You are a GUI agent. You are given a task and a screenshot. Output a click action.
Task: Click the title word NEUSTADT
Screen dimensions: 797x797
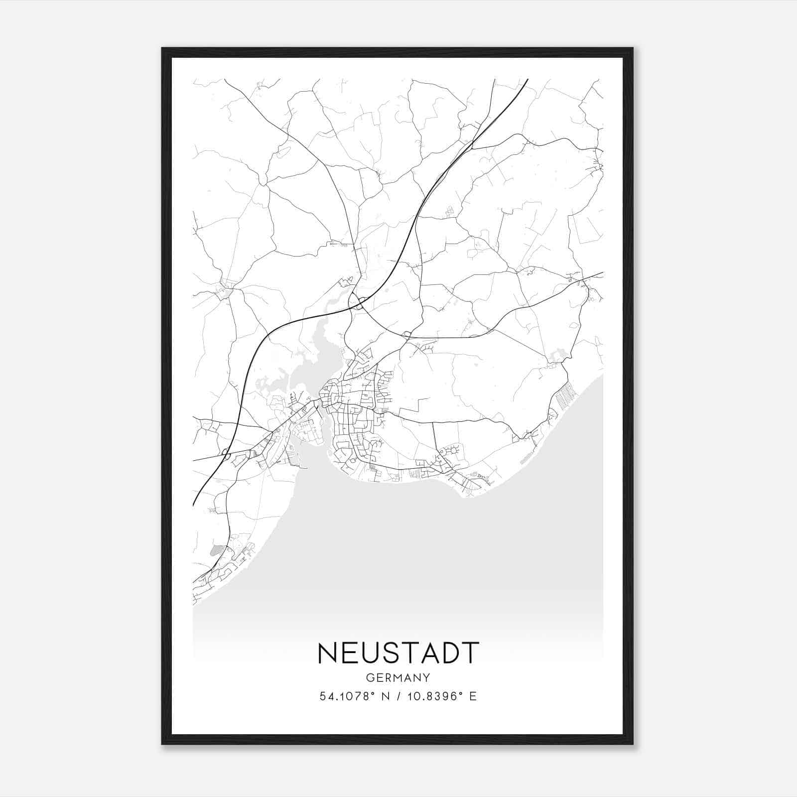pos(398,653)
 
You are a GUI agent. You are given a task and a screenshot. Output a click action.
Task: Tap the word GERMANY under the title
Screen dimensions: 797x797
pos(398,678)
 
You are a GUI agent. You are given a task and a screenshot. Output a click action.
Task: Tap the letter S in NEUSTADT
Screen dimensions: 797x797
pos(393,653)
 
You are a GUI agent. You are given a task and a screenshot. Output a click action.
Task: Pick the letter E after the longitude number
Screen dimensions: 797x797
pos(473,696)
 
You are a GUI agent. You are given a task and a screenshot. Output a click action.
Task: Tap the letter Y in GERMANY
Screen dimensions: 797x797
pos(426,678)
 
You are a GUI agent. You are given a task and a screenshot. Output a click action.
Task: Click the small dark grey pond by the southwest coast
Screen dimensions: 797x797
pos(215,550)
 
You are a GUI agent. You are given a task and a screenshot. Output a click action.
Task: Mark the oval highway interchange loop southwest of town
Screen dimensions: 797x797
pos(227,454)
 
